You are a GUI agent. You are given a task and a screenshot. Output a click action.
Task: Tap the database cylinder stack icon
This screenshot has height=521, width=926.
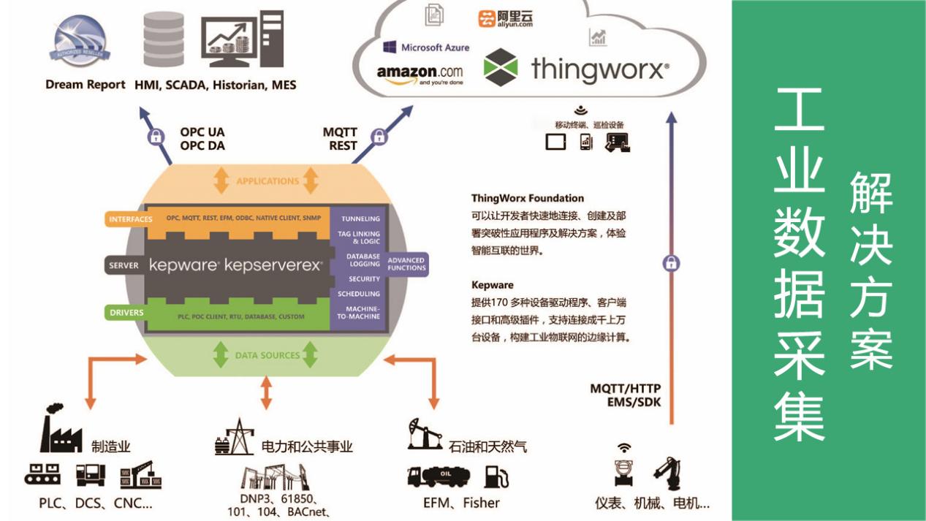tap(164, 39)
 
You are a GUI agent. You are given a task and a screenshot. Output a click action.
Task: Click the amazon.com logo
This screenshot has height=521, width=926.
tap(420, 73)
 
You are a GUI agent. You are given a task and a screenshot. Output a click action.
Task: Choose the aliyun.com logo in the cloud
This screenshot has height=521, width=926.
tap(506, 18)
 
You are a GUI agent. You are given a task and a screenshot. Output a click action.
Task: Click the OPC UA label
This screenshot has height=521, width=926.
tap(202, 132)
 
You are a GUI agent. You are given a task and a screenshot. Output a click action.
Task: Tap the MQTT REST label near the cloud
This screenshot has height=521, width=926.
tap(340, 139)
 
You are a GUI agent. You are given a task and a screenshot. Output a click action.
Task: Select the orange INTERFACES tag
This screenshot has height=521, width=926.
tap(130, 219)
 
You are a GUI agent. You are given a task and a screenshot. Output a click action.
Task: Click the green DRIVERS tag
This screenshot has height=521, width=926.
tap(126, 313)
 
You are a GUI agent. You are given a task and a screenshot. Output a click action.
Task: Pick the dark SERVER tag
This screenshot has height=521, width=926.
tap(124, 265)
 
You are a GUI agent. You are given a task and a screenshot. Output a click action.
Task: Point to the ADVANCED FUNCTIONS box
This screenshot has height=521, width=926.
tap(406, 264)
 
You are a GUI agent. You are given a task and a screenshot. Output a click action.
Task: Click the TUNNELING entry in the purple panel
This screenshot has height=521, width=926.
tap(360, 218)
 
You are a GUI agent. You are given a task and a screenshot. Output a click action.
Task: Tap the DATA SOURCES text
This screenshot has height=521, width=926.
tap(267, 355)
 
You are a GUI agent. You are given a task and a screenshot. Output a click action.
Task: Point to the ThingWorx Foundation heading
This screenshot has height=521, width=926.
tap(528, 198)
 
